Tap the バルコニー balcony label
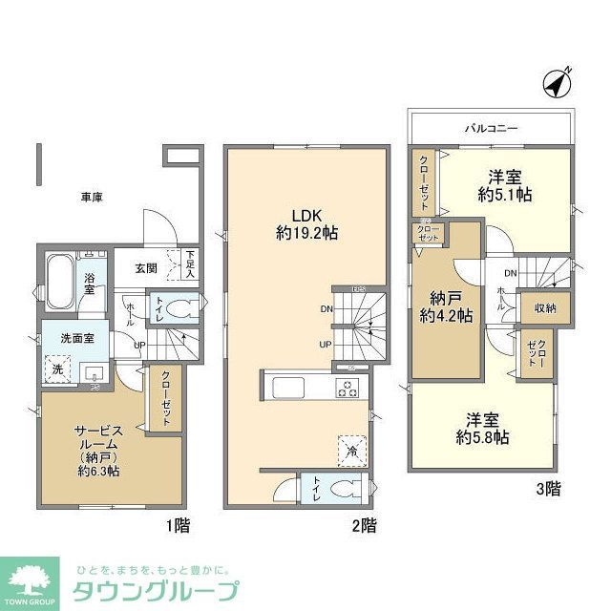pos(493,126)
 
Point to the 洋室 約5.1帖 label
pos(505,185)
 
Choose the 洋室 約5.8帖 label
pos(480,428)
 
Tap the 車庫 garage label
pos(92,197)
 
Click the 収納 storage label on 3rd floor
pos(545,308)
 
